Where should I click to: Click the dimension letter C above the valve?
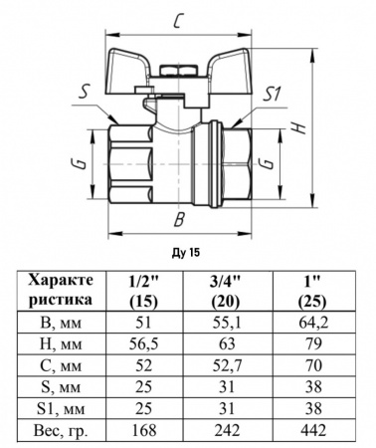coord(176,21)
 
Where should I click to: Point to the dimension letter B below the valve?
coord(177,219)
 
